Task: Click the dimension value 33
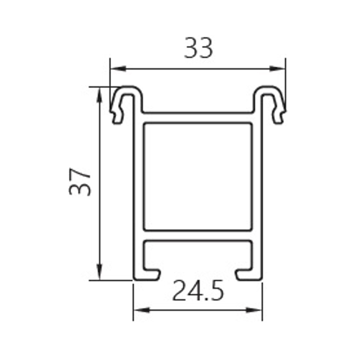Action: (x=198, y=48)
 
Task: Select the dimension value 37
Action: (x=80, y=182)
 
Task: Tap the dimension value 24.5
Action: (x=198, y=290)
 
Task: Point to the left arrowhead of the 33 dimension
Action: (x=118, y=68)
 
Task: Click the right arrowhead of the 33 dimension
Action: (x=277, y=68)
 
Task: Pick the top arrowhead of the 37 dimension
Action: (x=99, y=95)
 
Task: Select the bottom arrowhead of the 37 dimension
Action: (x=99, y=272)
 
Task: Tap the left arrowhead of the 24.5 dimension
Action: (x=142, y=310)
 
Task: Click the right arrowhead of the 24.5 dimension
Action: (x=254, y=310)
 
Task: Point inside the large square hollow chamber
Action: (x=198, y=177)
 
